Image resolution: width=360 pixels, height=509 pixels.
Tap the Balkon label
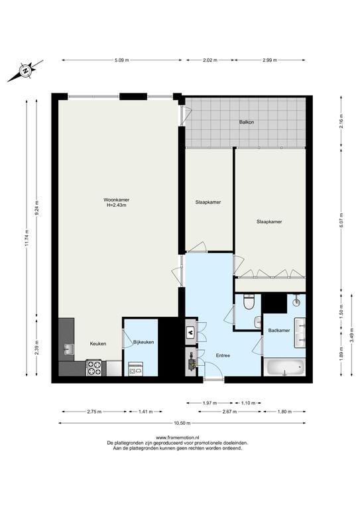[247, 123]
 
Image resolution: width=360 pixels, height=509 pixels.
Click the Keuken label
[98, 344]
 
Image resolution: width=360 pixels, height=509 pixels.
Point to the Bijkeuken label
[144, 342]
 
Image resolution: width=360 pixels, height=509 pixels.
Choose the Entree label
[223, 356]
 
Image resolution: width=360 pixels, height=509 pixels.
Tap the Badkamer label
[279, 330]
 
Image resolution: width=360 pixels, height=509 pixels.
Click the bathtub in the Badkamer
[284, 366]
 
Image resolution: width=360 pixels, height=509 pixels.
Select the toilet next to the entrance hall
[249, 302]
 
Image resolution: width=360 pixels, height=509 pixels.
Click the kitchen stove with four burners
[94, 367]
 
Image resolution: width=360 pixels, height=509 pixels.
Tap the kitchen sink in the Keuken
[68, 349]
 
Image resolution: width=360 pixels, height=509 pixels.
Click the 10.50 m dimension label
[182, 423]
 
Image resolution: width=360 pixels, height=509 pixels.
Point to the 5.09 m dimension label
[121, 60]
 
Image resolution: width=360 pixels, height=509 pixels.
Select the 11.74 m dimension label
[27, 237]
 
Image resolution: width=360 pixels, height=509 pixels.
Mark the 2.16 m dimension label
[341, 123]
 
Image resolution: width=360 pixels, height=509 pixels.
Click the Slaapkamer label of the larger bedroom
[269, 222]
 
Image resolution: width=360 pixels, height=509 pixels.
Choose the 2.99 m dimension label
[269, 60]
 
